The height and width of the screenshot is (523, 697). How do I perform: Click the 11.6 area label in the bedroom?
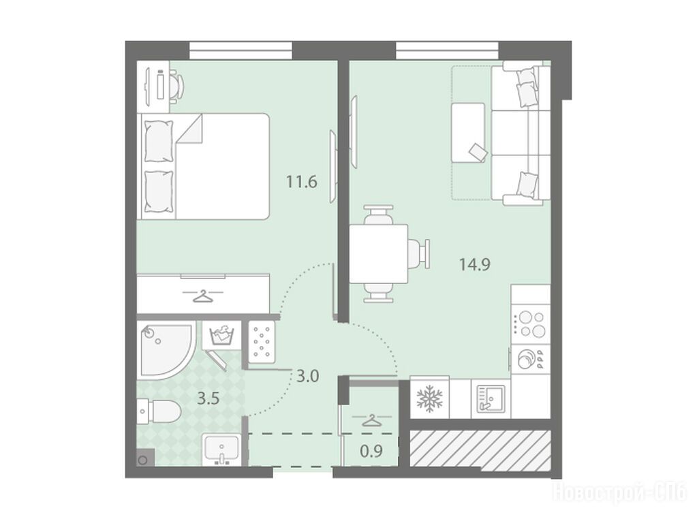tap(301, 182)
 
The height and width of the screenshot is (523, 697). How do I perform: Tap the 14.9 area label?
tap(474, 265)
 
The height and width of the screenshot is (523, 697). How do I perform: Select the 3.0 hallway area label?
tap(307, 377)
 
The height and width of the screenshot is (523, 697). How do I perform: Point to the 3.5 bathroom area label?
tap(208, 398)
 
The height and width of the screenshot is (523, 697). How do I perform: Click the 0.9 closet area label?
tap(371, 451)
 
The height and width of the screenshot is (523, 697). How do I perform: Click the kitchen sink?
tap(491, 397)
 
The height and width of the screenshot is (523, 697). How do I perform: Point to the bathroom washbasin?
tap(222, 449)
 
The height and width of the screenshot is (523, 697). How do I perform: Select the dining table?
tap(378, 254)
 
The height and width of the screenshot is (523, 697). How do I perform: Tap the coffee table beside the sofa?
tap(468, 132)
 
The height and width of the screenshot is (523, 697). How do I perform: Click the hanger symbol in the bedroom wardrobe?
tap(203, 296)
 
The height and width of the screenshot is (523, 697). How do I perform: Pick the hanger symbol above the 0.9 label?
tap(371, 420)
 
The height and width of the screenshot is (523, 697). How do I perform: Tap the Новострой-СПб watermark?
tap(619, 493)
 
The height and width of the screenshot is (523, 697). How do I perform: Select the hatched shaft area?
tap(480, 449)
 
